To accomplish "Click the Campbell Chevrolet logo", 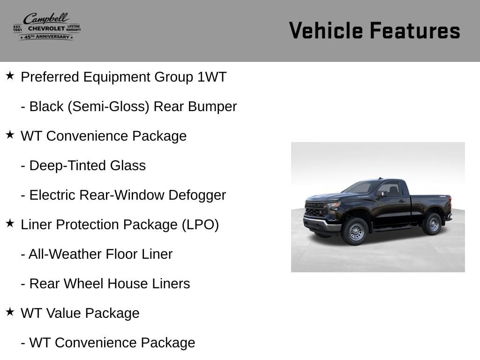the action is click(x=47, y=26).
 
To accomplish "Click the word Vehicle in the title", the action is click(x=326, y=30).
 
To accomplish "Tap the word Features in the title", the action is click(x=415, y=30).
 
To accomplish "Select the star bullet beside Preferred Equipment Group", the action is click(x=10, y=75).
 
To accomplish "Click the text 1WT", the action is click(x=212, y=77).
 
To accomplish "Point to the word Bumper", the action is click(x=212, y=107).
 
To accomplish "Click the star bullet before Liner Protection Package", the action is click(x=10, y=224).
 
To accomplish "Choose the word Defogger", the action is click(x=197, y=195).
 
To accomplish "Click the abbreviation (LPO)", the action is click(x=200, y=225).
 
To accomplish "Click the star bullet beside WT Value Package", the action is click(x=10, y=312).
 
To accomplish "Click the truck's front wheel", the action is click(x=355, y=232).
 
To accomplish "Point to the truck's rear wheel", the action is click(x=432, y=224).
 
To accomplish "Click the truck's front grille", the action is click(x=316, y=210).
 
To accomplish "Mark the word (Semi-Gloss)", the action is click(x=108, y=107).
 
